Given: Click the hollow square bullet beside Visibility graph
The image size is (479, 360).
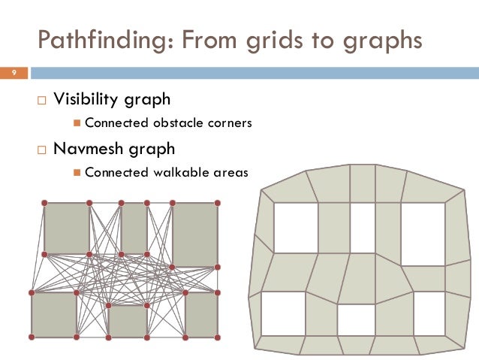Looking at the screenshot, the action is point(42,100).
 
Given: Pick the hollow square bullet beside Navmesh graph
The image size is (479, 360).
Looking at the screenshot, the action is point(42,149).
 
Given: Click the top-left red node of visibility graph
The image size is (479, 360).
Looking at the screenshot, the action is point(44,203).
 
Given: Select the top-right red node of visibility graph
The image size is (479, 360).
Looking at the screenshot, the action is point(218,203).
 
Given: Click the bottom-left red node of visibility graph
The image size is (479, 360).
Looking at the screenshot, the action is point(32,337).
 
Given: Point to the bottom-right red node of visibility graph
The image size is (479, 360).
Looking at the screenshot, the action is point(218,337).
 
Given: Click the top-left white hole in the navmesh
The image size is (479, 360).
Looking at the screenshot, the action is point(295,228).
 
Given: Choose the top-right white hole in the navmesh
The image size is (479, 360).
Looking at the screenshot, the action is point(423,233).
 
